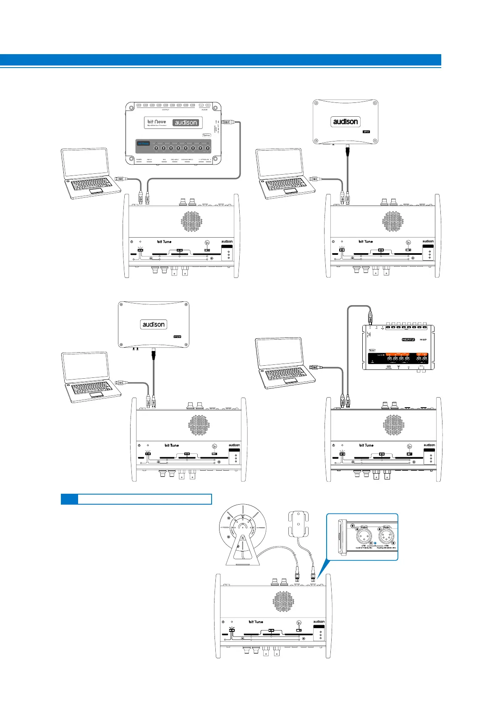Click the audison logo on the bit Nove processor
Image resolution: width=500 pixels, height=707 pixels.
[x=186, y=123]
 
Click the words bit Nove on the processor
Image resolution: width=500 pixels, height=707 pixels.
[x=157, y=121]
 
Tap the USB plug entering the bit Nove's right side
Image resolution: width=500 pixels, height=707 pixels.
[x=227, y=122]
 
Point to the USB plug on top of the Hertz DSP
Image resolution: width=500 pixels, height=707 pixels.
[x=370, y=318]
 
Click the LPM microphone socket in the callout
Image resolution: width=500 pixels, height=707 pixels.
[x=363, y=537]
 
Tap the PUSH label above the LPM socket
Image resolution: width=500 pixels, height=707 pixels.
[x=364, y=527]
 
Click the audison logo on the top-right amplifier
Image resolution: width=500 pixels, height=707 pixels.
[x=346, y=122]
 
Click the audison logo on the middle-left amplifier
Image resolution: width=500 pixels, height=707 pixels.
[x=154, y=325]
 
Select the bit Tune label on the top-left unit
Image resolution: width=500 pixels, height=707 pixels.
[x=164, y=241]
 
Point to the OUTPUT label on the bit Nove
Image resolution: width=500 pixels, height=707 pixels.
[x=171, y=110]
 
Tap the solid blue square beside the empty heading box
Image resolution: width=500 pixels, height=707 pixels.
[x=69, y=499]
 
